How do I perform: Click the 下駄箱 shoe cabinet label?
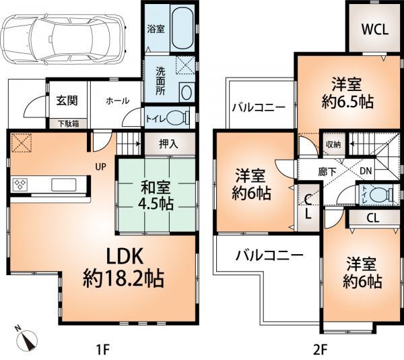click(x=66, y=123)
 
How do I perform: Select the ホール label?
click(x=118, y=100)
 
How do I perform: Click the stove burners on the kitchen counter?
click(x=20, y=185)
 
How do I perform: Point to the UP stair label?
click(x=98, y=166)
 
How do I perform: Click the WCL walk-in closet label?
click(x=372, y=29)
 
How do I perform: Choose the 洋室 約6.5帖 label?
click(x=346, y=94)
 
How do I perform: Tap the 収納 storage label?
click(x=333, y=144)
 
